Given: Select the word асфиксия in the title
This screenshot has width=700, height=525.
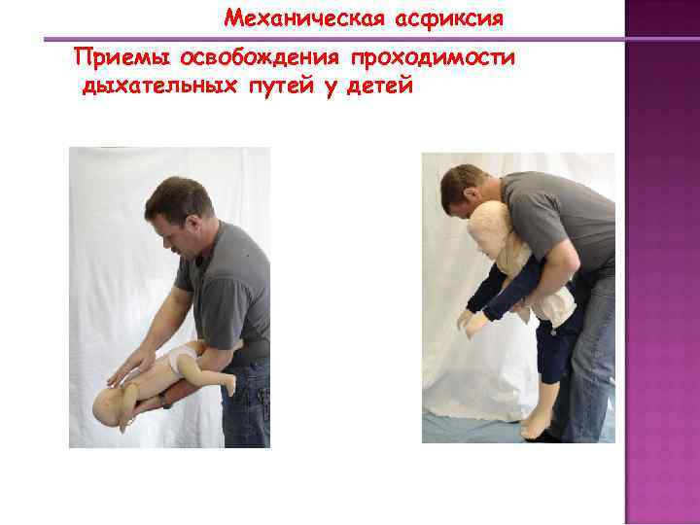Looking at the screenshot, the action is click(x=449, y=19).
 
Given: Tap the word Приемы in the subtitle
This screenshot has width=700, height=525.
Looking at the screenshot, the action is click(x=122, y=58).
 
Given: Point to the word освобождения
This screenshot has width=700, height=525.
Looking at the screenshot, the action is click(x=260, y=58).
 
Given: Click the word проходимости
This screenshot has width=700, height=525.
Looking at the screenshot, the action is click(x=433, y=58).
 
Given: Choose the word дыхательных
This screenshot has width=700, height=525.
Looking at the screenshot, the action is click(x=159, y=86).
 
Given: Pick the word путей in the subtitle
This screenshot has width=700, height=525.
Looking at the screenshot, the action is click(x=282, y=86).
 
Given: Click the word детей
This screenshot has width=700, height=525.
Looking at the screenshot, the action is click(x=379, y=86).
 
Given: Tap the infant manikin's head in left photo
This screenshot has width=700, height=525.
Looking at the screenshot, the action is click(x=109, y=405).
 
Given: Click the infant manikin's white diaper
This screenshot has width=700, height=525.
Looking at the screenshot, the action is click(x=181, y=360).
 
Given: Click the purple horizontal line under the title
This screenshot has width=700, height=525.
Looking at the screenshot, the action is click(x=334, y=39).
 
